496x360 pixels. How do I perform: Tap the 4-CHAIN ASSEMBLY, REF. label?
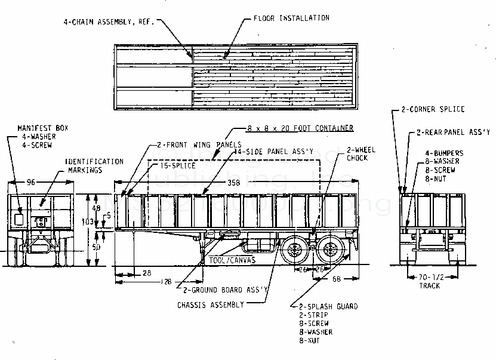[109, 21]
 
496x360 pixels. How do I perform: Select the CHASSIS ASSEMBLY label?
[211, 305]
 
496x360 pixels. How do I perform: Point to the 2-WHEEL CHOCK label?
[362, 154]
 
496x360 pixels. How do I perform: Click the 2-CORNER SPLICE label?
[433, 109]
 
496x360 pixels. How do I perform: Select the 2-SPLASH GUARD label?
[328, 306]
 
